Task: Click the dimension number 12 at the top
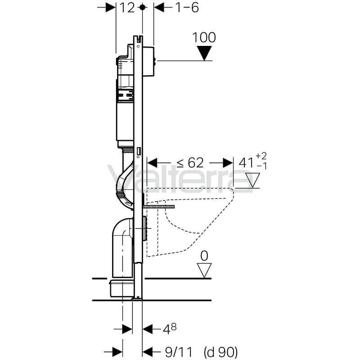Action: click(127, 8)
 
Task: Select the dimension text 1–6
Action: click(187, 8)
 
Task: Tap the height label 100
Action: click(204, 37)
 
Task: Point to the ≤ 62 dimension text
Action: click(190, 163)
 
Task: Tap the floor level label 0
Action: click(204, 256)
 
